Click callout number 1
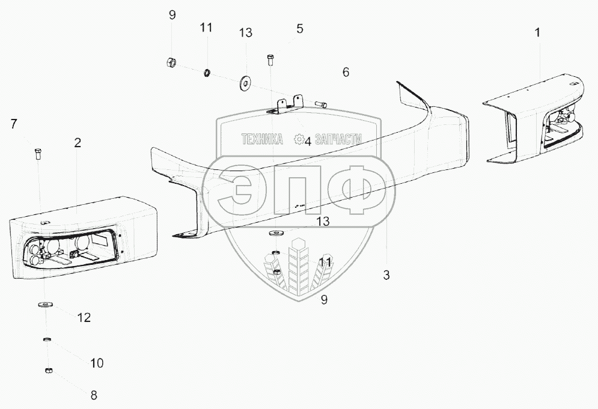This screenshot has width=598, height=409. coord(537,32)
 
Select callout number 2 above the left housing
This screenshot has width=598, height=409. coord(78,143)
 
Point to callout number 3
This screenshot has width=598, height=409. coord(386,276)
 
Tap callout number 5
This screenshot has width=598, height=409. coord(299,28)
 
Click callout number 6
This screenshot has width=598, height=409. coord(346,72)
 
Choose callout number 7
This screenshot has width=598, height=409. coord(13,124)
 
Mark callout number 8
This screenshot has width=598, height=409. coord(93,395)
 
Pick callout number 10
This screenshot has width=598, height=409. coord(97,363)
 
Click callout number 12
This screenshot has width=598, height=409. coord(84,318)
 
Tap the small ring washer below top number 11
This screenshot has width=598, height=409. coord(206,73)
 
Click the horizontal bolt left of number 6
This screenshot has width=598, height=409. coord(320,105)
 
